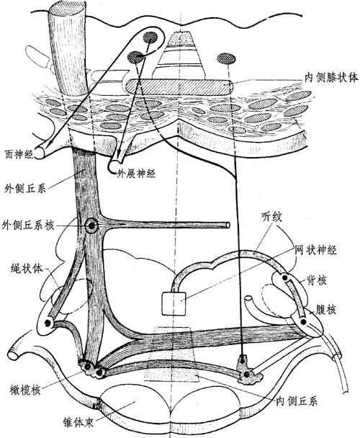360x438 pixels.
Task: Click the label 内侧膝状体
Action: tap(331, 77)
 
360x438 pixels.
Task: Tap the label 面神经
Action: tap(19, 154)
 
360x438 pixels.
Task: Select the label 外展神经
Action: tap(136, 174)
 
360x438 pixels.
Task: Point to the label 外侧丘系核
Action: tap(28, 225)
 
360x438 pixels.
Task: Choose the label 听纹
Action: tap(272, 217)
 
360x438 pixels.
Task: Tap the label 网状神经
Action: tap(316, 249)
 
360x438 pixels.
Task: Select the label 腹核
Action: tap(325, 310)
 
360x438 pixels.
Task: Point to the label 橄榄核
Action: tap(25, 390)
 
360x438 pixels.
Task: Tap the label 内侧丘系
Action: tap(297, 401)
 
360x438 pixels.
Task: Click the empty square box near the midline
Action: tap(174, 303)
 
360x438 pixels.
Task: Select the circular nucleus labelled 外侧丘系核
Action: tap(91, 225)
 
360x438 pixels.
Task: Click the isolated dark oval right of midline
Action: tap(226, 58)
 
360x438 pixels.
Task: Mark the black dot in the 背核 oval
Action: tap(284, 277)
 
